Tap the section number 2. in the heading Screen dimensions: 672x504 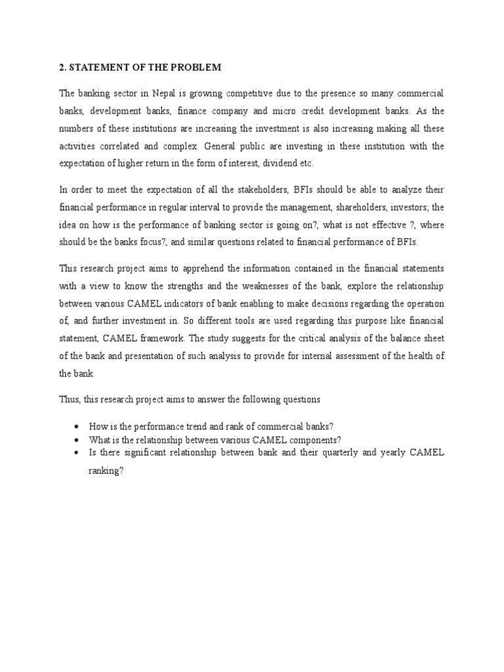pos(63,68)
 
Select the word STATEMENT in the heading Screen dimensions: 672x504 pos(97,68)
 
